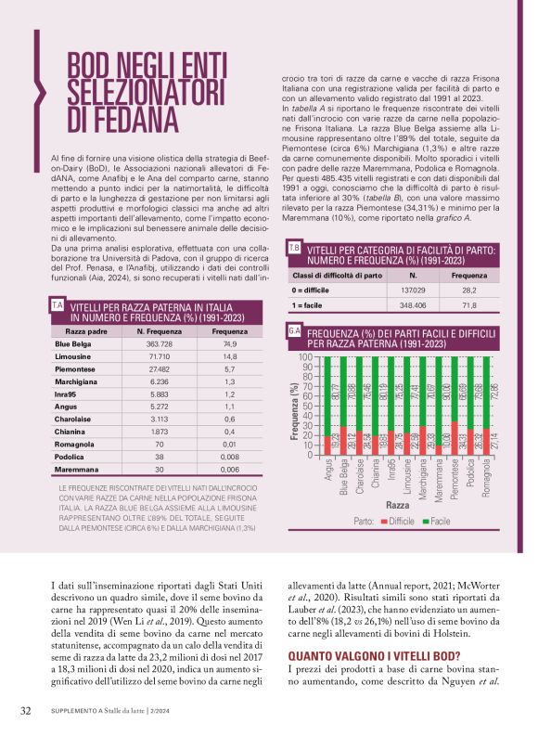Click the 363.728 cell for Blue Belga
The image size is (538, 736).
click(157, 344)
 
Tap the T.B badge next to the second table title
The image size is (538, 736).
click(293, 249)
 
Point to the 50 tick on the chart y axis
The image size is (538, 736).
click(331, 407)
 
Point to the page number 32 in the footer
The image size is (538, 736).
click(27, 711)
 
